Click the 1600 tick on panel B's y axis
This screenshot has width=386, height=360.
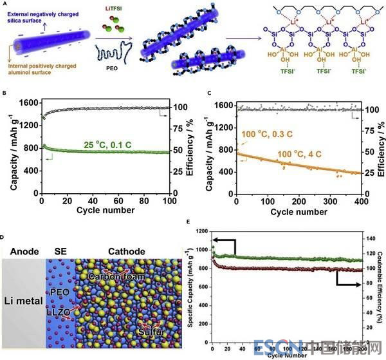28,104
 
